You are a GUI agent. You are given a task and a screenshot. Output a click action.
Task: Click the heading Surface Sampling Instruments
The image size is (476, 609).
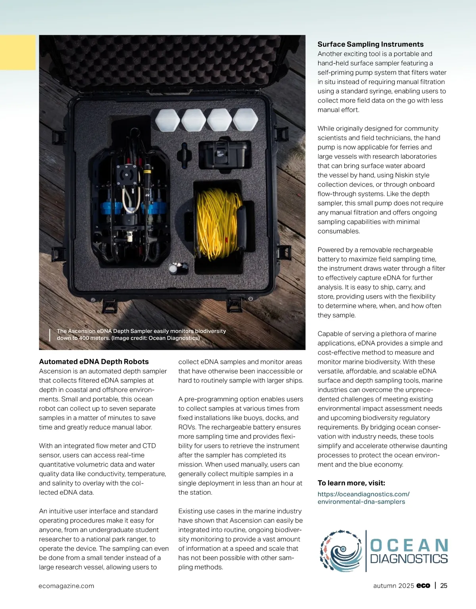(x=370, y=44)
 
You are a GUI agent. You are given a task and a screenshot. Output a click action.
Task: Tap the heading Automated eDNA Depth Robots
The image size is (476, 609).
(x=94, y=362)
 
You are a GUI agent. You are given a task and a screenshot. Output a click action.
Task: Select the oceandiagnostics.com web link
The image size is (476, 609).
(x=363, y=498)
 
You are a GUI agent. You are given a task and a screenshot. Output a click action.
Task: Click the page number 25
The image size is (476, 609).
(x=444, y=586)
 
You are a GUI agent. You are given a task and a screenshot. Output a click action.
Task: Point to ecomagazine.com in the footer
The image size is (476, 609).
(x=66, y=586)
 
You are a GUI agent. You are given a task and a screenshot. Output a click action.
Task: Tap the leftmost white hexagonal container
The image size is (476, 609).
(x=167, y=120)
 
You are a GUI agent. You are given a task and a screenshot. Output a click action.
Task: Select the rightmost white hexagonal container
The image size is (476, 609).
(x=245, y=120)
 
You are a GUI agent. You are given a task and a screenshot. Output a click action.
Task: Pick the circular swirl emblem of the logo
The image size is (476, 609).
(x=341, y=551)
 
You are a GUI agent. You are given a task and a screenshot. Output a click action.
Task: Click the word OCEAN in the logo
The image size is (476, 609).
(x=409, y=546)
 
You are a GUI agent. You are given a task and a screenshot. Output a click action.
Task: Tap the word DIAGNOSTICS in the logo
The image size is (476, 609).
(x=409, y=559)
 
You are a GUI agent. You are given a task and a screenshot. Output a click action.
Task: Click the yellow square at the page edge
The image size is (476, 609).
(x=17, y=52)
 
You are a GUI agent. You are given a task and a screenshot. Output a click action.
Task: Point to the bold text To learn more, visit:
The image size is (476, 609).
(x=351, y=483)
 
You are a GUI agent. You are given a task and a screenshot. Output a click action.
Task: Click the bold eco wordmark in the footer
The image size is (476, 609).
(x=423, y=586)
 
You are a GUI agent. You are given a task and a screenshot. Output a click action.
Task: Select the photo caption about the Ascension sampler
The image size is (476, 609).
(x=141, y=334)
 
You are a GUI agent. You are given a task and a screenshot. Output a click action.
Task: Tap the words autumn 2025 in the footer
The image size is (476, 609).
(x=393, y=586)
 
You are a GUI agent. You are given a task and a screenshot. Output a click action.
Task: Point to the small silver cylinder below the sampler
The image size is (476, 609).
(x=173, y=269)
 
